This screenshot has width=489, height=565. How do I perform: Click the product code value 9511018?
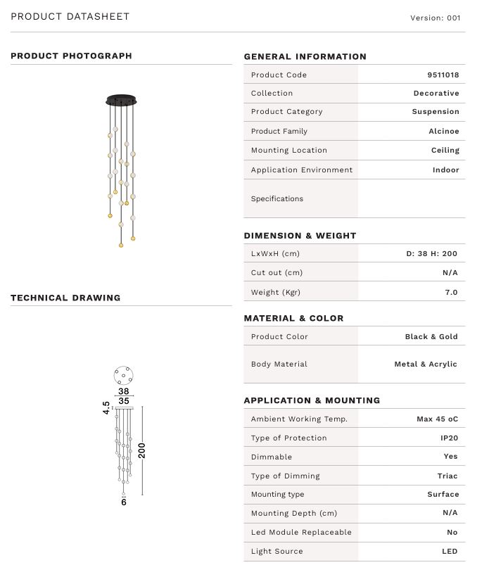pyautogui.click(x=443, y=75)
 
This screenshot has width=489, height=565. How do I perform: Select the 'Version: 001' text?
pyautogui.click(x=436, y=18)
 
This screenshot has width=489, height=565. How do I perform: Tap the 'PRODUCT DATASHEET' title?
pyautogui.click(x=70, y=16)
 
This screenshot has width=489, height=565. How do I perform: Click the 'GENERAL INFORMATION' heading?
pyautogui.click(x=305, y=56)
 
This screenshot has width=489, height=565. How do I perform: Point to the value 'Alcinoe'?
pyautogui.click(x=444, y=131)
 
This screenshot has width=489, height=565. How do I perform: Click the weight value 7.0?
pyautogui.click(x=451, y=292)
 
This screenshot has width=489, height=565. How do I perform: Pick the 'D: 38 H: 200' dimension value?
pyautogui.click(x=431, y=253)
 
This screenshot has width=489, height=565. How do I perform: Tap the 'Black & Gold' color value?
pyautogui.click(x=431, y=336)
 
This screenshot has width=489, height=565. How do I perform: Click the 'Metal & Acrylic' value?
pyautogui.click(x=426, y=364)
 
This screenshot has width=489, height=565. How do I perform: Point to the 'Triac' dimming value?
pyautogui.click(x=447, y=476)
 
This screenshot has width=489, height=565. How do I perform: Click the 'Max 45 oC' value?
pyautogui.click(x=437, y=419)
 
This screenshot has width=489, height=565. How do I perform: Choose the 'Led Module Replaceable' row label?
pyautogui.click(x=301, y=532)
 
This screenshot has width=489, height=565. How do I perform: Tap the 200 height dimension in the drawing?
pyautogui.click(x=142, y=450)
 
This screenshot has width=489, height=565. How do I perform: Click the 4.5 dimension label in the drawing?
pyautogui.click(x=106, y=408)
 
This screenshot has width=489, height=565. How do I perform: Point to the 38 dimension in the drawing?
pyautogui.click(x=123, y=391)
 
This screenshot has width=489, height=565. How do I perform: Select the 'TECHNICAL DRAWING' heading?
pyautogui.click(x=65, y=298)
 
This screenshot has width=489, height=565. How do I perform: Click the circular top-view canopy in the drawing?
pyautogui.click(x=123, y=376)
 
